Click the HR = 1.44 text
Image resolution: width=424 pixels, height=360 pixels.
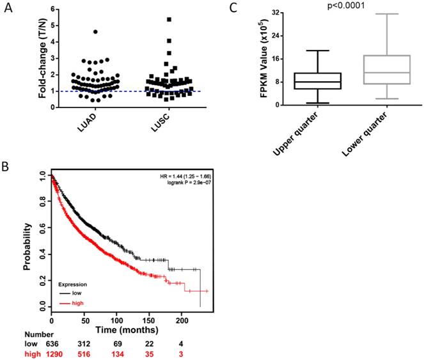pyautogui.click(x=184, y=175)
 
